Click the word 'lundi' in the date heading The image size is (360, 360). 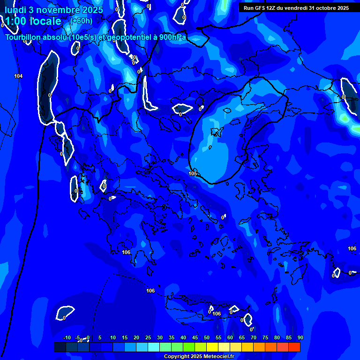[15, 10]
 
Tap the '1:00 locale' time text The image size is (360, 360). [33, 21]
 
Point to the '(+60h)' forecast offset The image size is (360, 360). [81, 21]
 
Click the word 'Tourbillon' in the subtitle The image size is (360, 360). [26, 37]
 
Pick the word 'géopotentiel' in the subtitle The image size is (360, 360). [134, 37]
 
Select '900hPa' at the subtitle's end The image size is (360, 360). [172, 37]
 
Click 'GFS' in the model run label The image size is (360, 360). [260, 8]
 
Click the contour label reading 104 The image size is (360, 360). [18, 76]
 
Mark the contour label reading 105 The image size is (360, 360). [193, 173]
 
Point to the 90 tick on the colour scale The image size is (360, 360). [300, 337]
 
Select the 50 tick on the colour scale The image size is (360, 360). [207, 337]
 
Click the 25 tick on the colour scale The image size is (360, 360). [148, 337]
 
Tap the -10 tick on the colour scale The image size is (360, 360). [67, 337]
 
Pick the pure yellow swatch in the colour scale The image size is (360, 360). [212, 347]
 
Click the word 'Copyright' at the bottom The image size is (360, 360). [177, 357]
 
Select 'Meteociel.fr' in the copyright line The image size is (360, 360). [218, 357]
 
